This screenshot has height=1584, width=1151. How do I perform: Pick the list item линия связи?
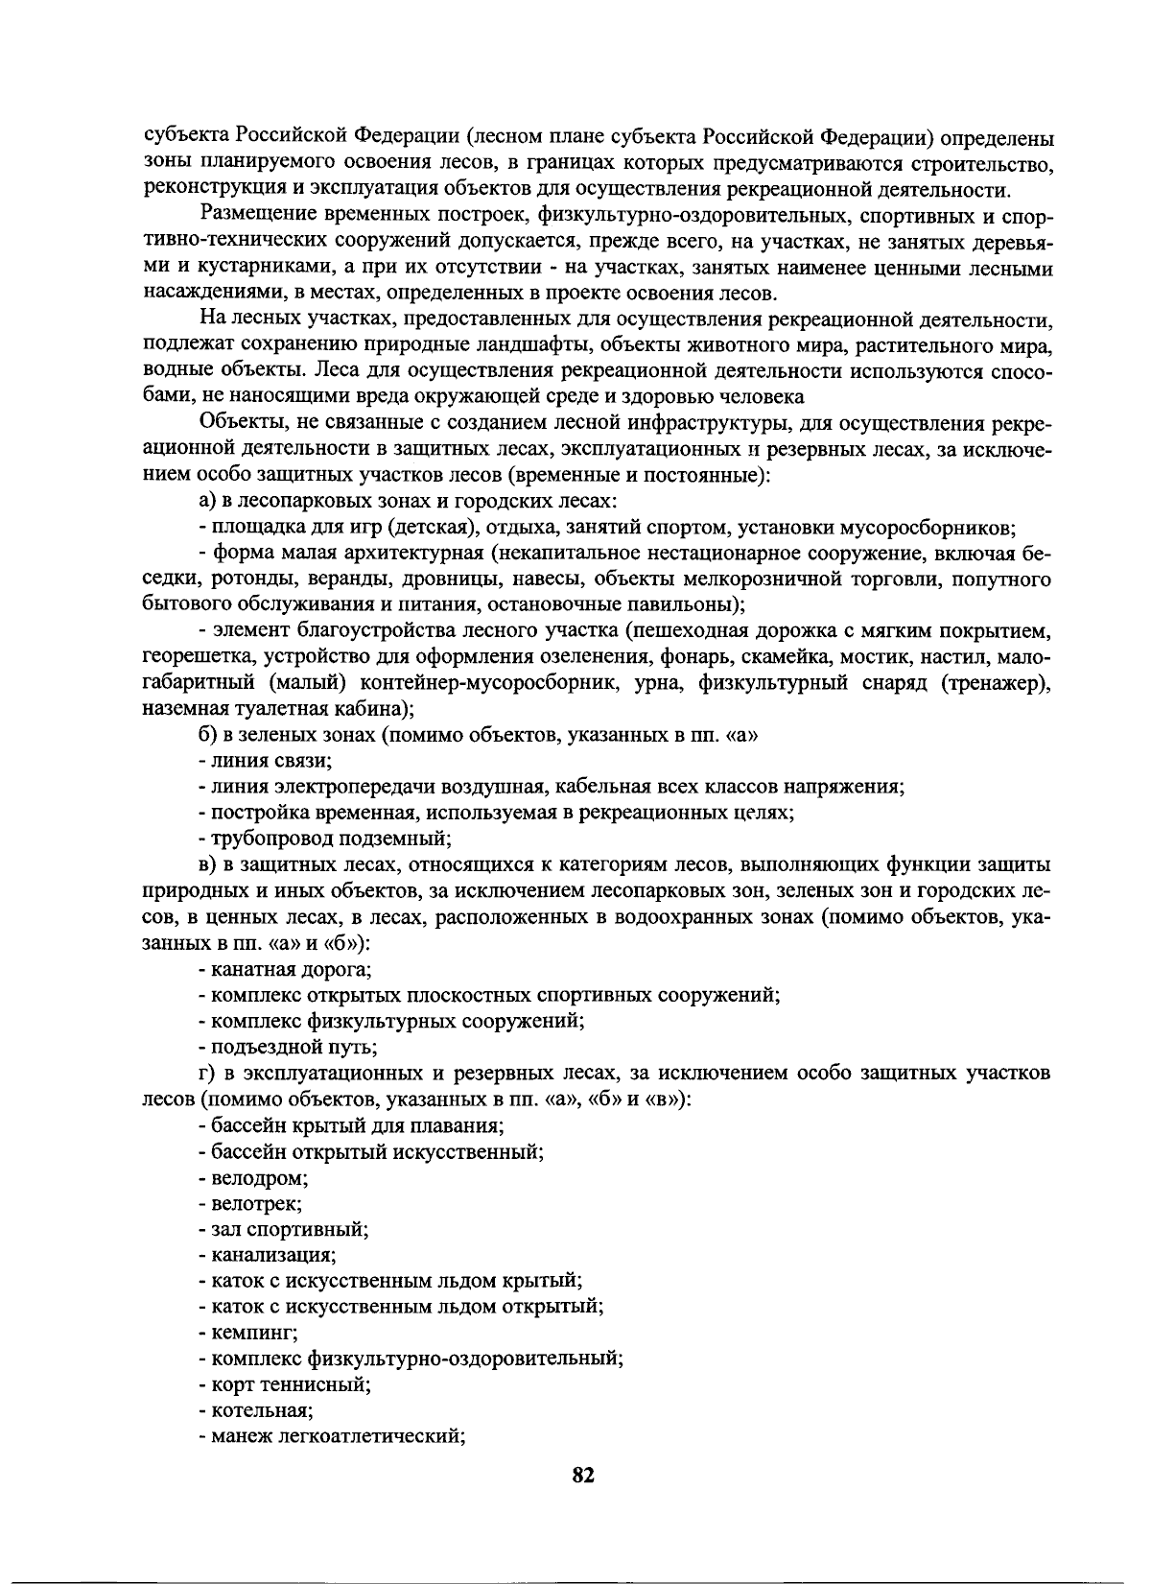(x=265, y=761)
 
